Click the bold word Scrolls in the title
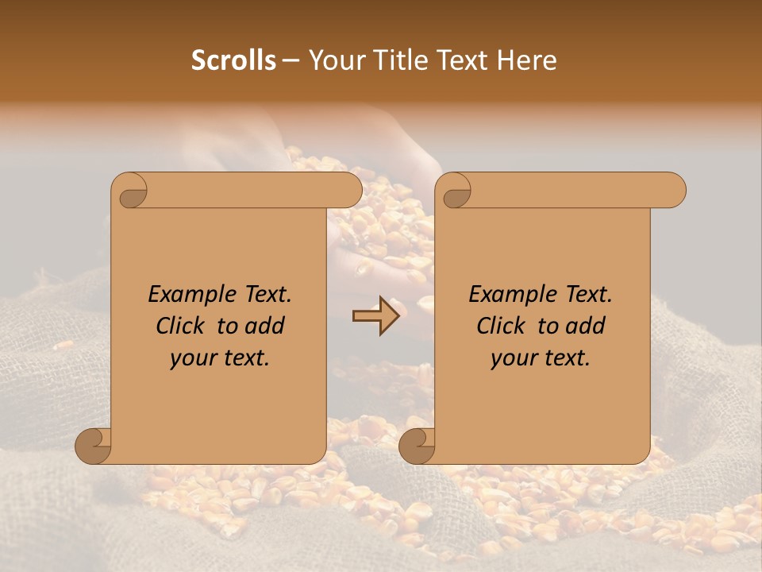(x=233, y=60)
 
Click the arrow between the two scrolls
(x=376, y=316)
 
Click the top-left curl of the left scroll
(x=129, y=191)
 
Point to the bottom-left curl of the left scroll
(x=94, y=446)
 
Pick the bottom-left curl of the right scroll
(x=418, y=446)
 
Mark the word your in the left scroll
(x=190, y=358)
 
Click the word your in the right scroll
(x=511, y=358)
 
